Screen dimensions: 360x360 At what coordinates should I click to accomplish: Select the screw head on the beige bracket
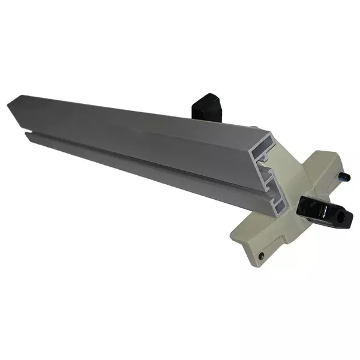pyautogui.click(x=261, y=256)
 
